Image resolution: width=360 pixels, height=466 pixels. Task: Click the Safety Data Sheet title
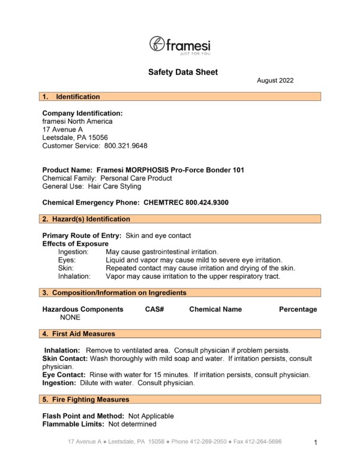point(183,73)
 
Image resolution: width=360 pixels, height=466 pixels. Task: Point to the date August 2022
point(275,80)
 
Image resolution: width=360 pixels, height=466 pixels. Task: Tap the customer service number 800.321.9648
point(126,146)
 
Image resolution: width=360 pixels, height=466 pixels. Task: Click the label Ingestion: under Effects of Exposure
point(73,252)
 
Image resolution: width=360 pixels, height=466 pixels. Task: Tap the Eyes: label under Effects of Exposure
point(67,260)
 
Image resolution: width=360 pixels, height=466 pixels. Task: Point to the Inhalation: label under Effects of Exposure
point(74,277)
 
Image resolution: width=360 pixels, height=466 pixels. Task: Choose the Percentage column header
point(298,309)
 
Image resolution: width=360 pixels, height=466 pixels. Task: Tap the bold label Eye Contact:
point(64,375)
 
